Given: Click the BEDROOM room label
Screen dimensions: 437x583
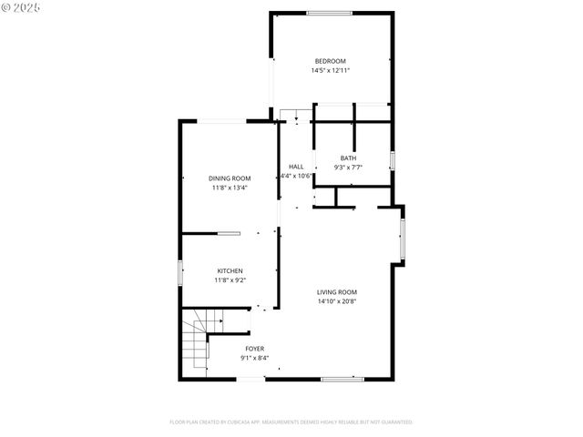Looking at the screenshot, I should pyautogui.click(x=330, y=61).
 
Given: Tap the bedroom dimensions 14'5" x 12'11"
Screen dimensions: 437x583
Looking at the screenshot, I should pyautogui.click(x=330, y=70).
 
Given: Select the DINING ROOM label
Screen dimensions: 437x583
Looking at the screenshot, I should pyautogui.click(x=230, y=178).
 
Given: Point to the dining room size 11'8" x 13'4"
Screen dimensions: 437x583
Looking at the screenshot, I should pyautogui.click(x=230, y=188).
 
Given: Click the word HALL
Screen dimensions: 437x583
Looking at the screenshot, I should pyautogui.click(x=296, y=167).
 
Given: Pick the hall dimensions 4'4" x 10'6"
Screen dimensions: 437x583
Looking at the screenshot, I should pyautogui.click(x=296, y=176).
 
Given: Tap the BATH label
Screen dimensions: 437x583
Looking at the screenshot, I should pyautogui.click(x=348, y=158).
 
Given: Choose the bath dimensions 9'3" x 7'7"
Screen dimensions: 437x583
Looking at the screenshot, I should pyautogui.click(x=348, y=168).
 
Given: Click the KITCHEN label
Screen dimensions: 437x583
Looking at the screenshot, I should pyautogui.click(x=230, y=270).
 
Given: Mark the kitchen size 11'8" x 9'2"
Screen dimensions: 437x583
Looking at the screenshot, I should pyautogui.click(x=230, y=280).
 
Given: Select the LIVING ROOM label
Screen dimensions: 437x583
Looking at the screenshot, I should pyautogui.click(x=336, y=291).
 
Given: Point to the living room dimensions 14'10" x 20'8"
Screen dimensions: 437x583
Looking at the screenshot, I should pyautogui.click(x=336, y=301).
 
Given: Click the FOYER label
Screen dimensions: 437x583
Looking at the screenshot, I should pyautogui.click(x=255, y=349).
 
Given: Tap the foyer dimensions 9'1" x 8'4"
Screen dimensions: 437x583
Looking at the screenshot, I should pyautogui.click(x=255, y=358).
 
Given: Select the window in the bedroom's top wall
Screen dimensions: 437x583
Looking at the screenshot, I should pyautogui.click(x=330, y=13).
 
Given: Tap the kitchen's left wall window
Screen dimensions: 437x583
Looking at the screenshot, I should pyautogui.click(x=179, y=273).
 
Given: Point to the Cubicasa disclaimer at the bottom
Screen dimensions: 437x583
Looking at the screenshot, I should pyautogui.click(x=291, y=422).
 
